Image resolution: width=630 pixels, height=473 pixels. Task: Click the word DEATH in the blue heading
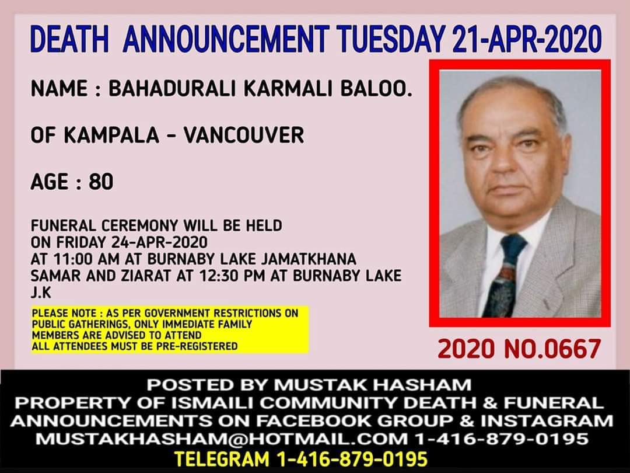(x=69, y=39)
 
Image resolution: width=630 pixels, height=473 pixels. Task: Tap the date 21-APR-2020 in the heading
(x=527, y=39)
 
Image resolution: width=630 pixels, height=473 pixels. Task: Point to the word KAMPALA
(x=111, y=135)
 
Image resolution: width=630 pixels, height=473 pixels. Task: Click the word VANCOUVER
(x=244, y=135)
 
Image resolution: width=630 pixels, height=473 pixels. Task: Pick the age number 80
(x=101, y=182)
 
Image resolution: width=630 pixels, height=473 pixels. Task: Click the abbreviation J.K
(x=41, y=293)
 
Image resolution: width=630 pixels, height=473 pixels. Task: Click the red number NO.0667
(x=552, y=349)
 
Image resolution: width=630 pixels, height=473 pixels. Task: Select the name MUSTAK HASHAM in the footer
(x=373, y=385)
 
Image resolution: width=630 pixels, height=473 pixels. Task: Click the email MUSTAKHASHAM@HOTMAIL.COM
(x=222, y=439)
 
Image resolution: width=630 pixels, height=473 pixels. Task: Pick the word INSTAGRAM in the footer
(x=547, y=420)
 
